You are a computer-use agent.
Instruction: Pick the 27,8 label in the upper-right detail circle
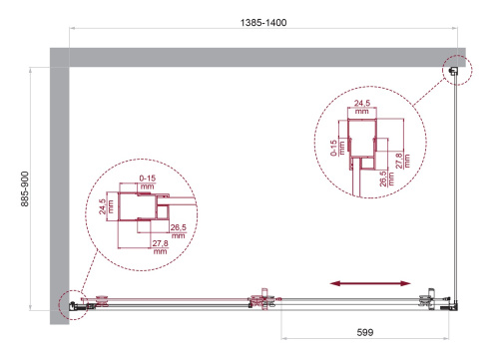click(400, 159)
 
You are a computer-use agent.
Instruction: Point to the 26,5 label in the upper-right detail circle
click(385, 177)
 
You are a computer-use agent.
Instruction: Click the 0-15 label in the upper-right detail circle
click(340, 149)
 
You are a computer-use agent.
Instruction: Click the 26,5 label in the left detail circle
click(176, 230)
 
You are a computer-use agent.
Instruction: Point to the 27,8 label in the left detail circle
click(160, 249)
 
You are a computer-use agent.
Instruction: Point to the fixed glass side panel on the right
click(459, 189)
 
